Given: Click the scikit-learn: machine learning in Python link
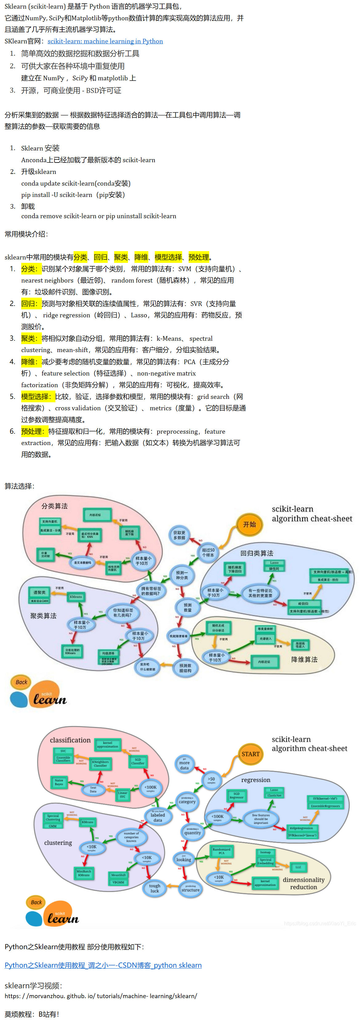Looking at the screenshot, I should click(x=105, y=41).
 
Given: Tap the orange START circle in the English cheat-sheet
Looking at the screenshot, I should click(x=250, y=754).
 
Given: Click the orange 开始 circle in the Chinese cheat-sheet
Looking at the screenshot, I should click(x=249, y=524).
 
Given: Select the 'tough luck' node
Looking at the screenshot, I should click(x=154, y=888).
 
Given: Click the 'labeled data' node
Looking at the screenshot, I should click(x=158, y=817).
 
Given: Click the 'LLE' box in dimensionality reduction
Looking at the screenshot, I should click(x=298, y=867).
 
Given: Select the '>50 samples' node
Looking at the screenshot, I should click(x=211, y=780).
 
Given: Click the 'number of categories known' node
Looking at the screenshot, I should click(x=131, y=837).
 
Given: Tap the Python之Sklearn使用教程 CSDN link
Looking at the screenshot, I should click(x=103, y=965).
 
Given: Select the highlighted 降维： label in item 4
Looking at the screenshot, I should click(x=31, y=362).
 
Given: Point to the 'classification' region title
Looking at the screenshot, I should click(x=70, y=740).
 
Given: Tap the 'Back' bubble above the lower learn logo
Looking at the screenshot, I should click(x=36, y=902).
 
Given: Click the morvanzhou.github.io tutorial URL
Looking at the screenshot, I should click(x=101, y=996).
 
